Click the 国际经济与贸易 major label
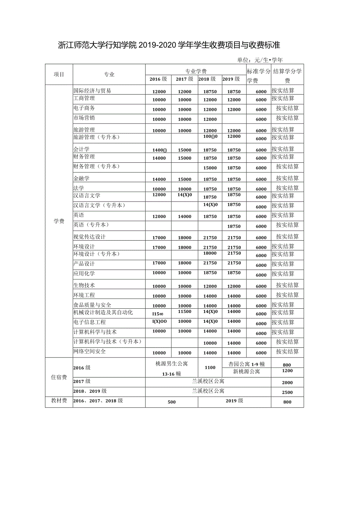(x=92, y=91)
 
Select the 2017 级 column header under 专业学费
(x=184, y=79)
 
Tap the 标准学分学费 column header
(x=258, y=76)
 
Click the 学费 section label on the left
(x=59, y=221)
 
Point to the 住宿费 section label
(x=59, y=378)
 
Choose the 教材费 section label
(x=59, y=401)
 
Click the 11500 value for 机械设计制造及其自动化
(x=184, y=312)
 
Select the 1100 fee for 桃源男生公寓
(x=210, y=367)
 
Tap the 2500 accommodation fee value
(x=287, y=392)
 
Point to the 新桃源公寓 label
(x=246, y=371)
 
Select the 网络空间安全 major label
(x=89, y=351)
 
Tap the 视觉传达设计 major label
(x=89, y=237)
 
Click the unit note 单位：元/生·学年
(x=259, y=60)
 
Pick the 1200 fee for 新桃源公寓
(x=287, y=371)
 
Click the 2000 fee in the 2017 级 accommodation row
(x=287, y=383)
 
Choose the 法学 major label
(x=78, y=188)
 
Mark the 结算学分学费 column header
(x=287, y=76)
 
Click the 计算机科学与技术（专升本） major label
(x=107, y=342)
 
